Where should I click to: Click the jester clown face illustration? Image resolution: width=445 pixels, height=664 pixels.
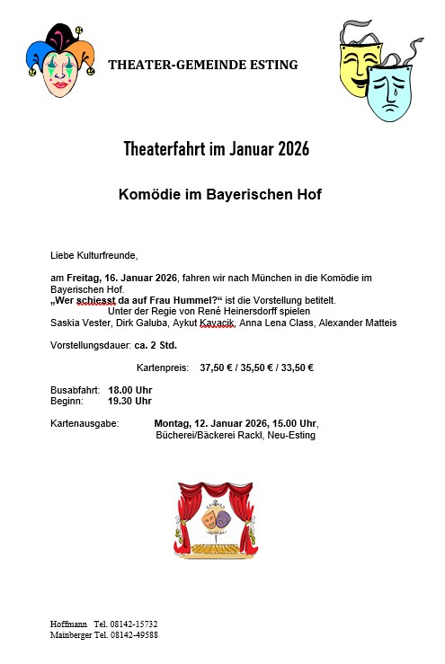pos(60,61)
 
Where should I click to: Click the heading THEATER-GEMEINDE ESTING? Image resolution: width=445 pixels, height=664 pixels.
pos(202,65)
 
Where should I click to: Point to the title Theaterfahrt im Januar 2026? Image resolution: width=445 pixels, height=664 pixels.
pos(216,149)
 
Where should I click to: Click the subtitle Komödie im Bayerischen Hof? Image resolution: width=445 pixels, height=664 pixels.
pos(219,193)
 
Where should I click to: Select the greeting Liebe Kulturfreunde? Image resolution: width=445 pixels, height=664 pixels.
pos(93,255)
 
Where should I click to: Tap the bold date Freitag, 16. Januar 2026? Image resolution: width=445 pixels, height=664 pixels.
pos(120,279)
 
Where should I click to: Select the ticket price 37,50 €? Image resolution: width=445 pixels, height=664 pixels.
pos(216,367)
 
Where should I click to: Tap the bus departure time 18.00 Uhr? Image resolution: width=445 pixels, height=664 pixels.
pos(129,389)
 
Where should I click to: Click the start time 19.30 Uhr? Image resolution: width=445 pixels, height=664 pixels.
pos(129,401)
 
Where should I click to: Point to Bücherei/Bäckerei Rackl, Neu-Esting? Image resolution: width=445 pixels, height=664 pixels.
pos(236,435)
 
